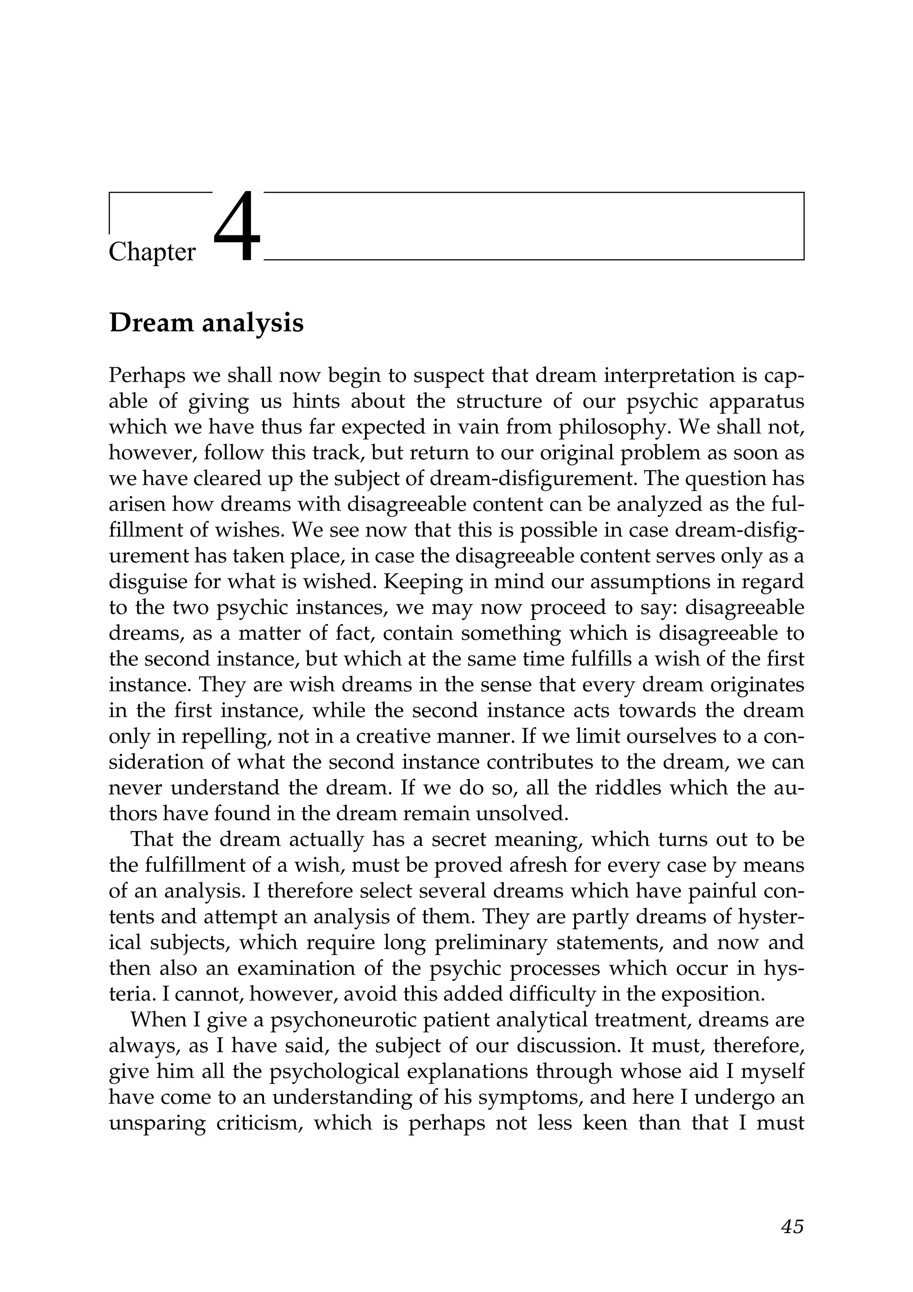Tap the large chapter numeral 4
(238, 227)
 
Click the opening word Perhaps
(145, 375)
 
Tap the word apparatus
(756, 401)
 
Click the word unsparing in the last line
(156, 1123)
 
